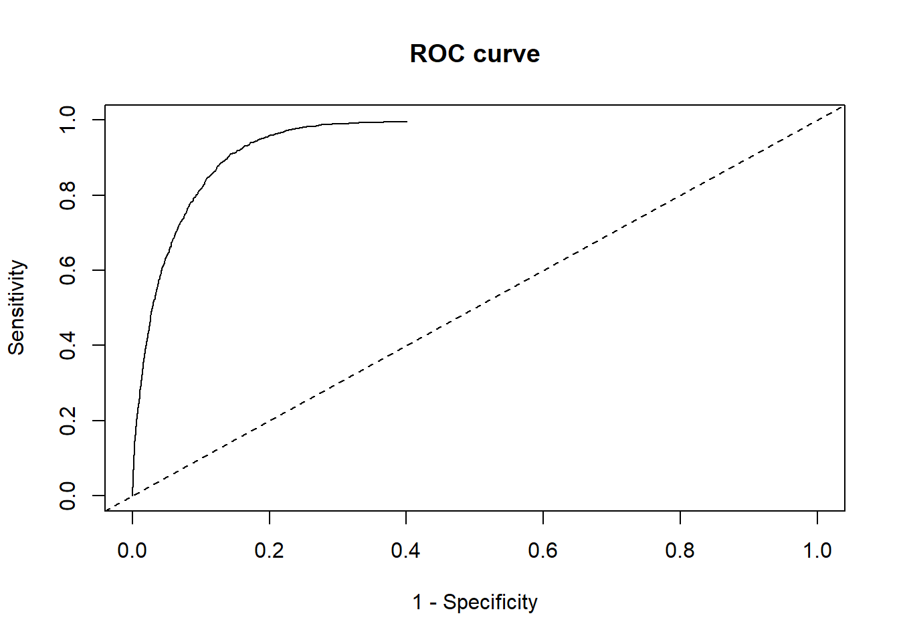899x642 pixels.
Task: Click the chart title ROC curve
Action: click(x=474, y=53)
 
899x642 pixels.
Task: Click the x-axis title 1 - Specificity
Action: click(x=474, y=602)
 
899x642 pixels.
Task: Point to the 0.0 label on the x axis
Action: click(x=132, y=550)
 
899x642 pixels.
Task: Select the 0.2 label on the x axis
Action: click(x=269, y=550)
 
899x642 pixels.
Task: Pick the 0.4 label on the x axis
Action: click(x=406, y=550)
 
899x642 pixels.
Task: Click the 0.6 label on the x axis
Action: click(x=542, y=550)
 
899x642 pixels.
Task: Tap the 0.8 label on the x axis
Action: click(x=680, y=550)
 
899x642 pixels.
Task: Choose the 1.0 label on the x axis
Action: click(x=817, y=550)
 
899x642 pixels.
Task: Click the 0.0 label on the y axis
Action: click(x=68, y=496)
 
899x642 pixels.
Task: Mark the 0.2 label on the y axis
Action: click(x=68, y=421)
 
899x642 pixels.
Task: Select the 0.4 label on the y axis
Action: click(x=68, y=345)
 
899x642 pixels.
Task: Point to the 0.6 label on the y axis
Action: click(x=68, y=270)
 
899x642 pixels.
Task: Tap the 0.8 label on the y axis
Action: click(x=68, y=195)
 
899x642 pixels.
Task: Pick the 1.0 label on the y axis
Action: click(x=68, y=120)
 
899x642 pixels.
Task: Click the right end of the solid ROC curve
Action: click(x=406, y=122)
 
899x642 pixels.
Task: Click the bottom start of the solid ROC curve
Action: click(x=132, y=495)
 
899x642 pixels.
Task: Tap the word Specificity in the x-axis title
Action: click(x=490, y=602)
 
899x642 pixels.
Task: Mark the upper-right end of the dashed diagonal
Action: click(x=843, y=106)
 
